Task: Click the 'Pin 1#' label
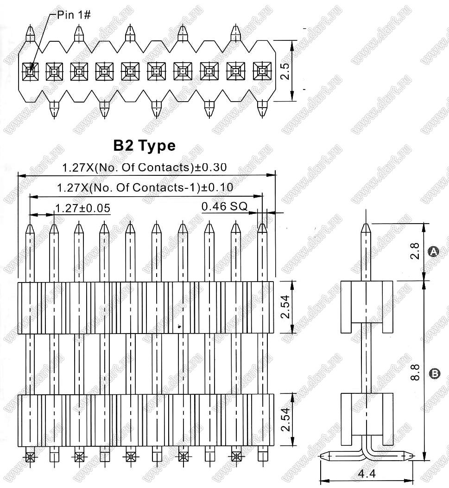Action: pos(74,15)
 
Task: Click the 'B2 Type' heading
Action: pos(144,146)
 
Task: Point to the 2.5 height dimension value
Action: pos(285,71)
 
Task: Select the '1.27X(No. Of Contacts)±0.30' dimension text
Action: pos(145,167)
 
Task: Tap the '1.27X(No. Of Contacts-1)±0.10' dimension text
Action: pos(145,187)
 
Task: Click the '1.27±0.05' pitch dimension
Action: pos(82,208)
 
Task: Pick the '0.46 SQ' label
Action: pos(224,206)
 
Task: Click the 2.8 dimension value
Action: pos(415,251)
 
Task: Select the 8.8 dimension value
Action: pos(415,372)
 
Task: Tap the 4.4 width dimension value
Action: pos(367,474)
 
